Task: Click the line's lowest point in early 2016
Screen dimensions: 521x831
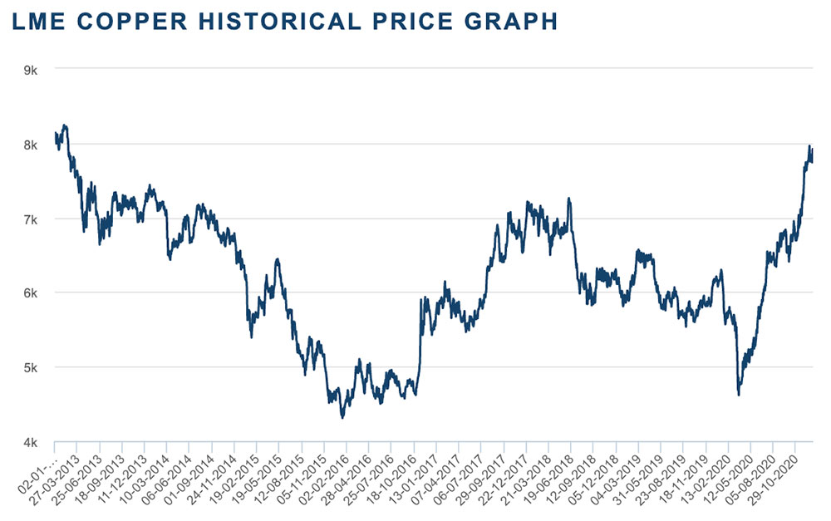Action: (x=342, y=417)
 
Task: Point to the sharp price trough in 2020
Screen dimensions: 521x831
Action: (x=739, y=395)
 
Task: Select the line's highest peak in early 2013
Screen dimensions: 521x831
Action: (x=65, y=125)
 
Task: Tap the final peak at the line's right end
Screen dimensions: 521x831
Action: (x=809, y=146)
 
